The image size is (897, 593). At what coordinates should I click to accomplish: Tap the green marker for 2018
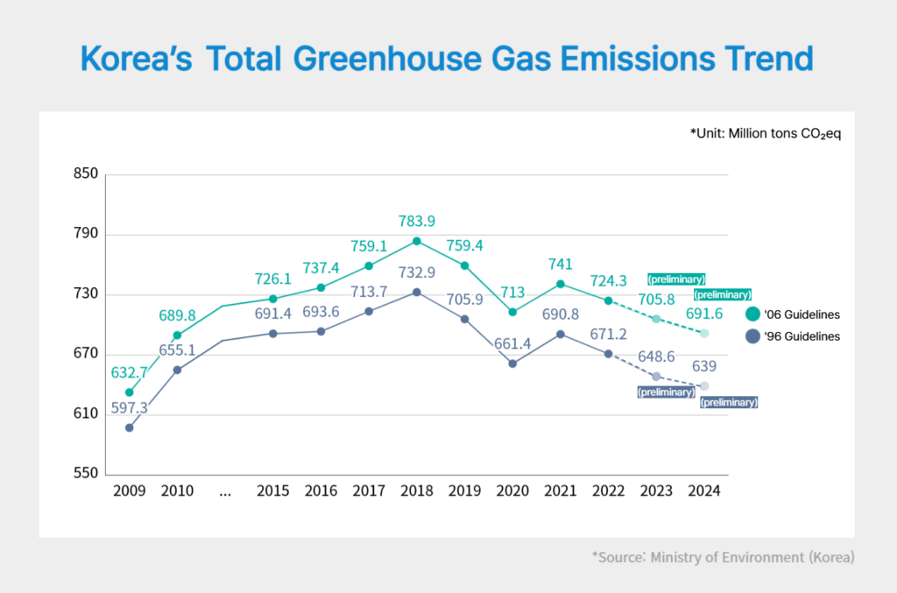(417, 241)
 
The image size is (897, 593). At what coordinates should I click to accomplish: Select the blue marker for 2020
(512, 364)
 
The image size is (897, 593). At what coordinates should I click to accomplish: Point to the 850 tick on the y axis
(85, 174)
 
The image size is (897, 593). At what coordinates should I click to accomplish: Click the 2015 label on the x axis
(272, 491)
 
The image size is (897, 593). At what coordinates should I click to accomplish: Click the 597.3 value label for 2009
(129, 408)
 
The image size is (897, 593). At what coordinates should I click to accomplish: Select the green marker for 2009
(130, 392)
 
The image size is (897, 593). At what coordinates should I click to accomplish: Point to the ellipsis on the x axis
(225, 491)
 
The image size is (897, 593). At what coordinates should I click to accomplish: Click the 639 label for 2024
(705, 365)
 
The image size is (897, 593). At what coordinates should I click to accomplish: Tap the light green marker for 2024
(705, 333)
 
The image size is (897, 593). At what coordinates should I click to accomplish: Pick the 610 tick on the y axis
(85, 414)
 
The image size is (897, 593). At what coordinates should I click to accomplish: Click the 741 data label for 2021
(561, 264)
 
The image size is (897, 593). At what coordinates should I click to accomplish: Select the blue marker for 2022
(609, 354)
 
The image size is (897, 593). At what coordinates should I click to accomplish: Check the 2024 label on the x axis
(704, 491)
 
